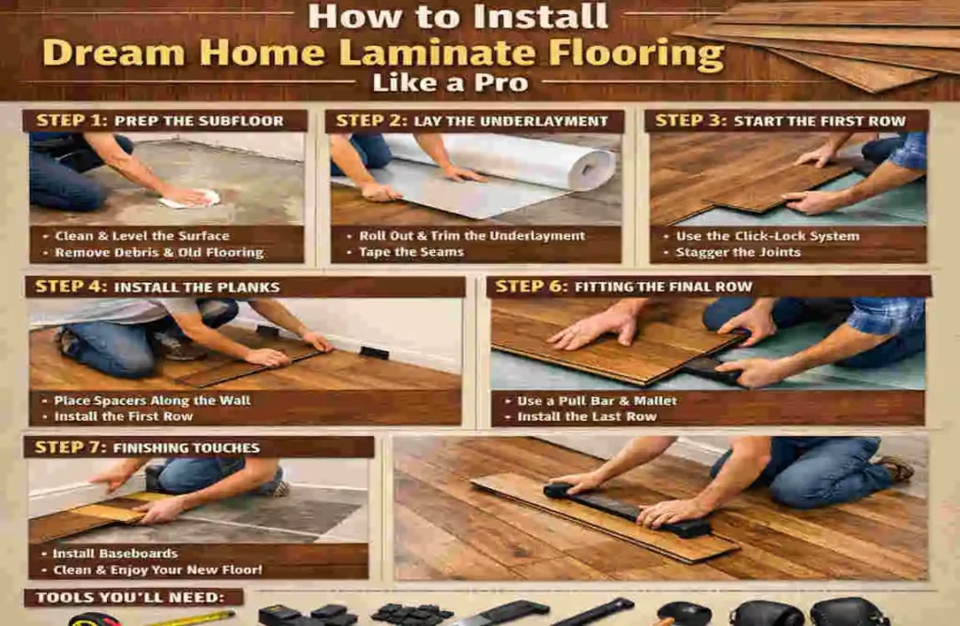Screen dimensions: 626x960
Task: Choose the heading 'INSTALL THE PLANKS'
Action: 197,287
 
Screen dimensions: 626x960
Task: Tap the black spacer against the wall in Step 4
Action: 374,352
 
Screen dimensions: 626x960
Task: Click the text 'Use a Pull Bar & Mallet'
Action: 596,400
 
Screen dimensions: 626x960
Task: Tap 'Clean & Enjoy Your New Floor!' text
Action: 157,571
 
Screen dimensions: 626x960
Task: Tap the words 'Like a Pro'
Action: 449,83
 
